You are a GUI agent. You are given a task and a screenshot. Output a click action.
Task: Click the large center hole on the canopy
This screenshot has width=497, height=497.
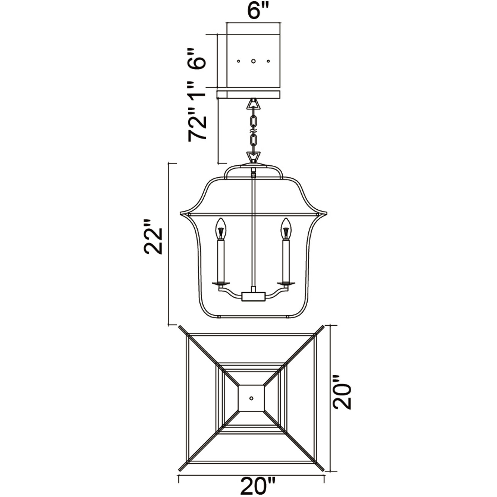click(x=253, y=61)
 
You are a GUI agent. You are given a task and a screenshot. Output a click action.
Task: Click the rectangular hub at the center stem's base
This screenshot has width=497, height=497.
click(x=253, y=297)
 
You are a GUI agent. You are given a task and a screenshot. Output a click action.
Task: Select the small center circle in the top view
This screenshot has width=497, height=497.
click(x=251, y=398)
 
